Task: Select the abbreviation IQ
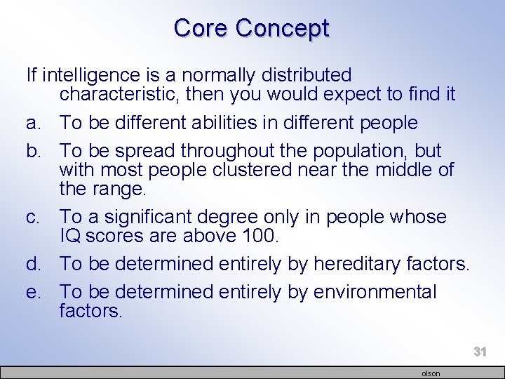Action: click(70, 237)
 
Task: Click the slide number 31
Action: click(480, 352)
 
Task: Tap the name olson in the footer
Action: click(431, 373)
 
